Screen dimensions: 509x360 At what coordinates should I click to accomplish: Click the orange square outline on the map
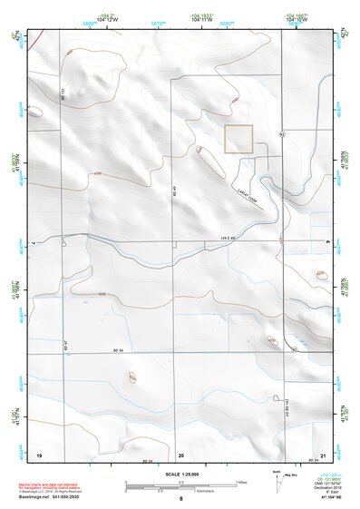[238, 139]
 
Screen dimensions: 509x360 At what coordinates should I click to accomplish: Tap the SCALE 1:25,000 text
[181, 475]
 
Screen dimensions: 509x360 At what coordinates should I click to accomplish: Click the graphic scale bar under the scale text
[181, 487]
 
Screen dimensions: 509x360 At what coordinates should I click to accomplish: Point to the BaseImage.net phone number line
[56, 496]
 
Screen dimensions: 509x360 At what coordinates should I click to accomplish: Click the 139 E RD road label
[207, 240]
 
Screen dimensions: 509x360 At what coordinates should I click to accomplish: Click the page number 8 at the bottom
[181, 498]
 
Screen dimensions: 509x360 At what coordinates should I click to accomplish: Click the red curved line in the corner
[34, 39]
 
